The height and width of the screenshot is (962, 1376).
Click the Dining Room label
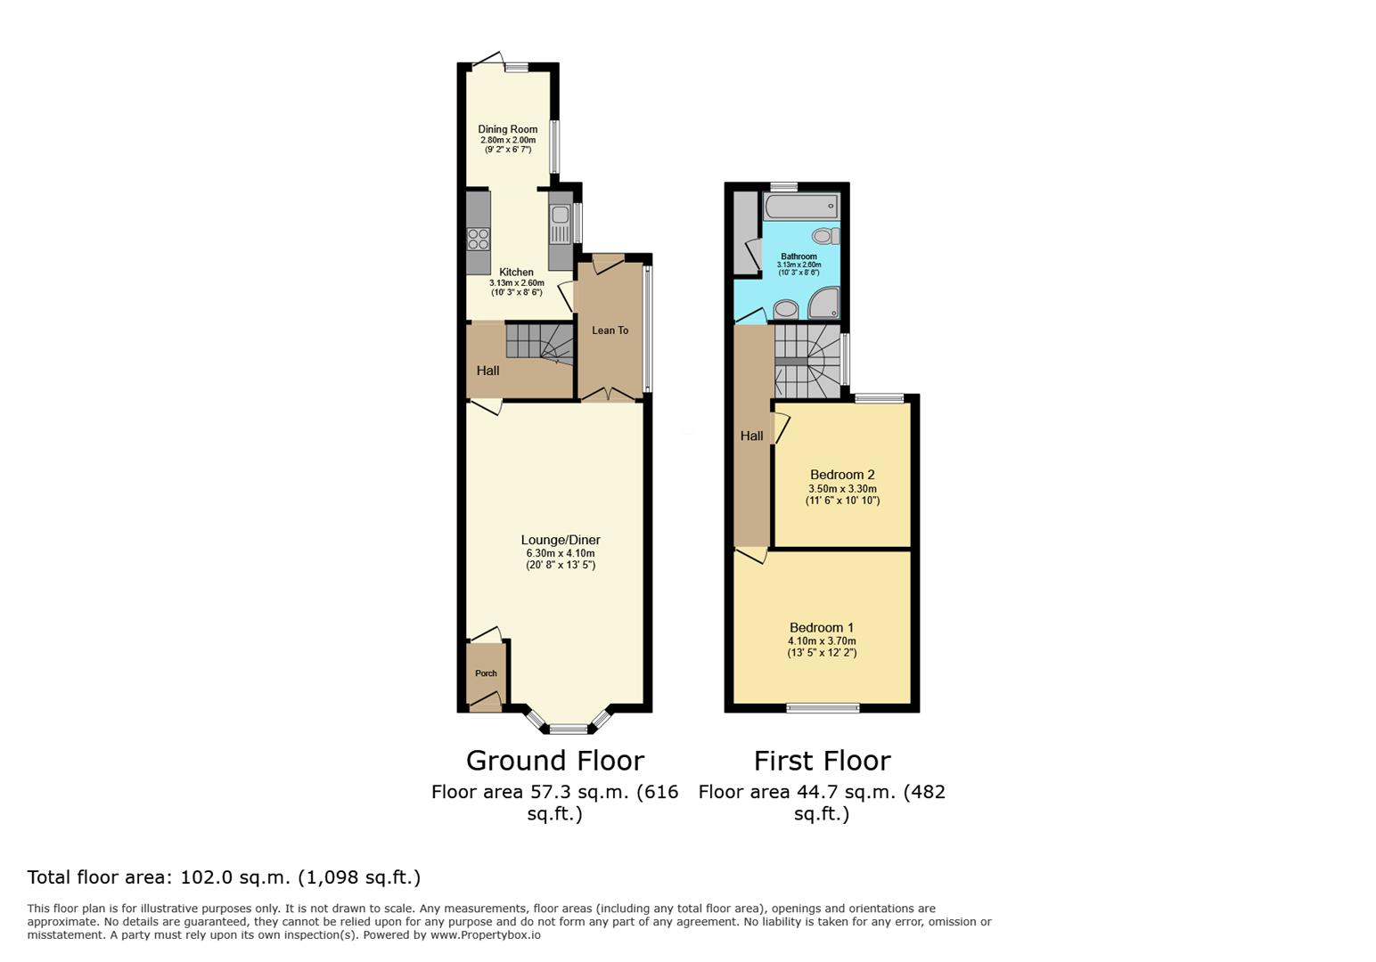(x=507, y=129)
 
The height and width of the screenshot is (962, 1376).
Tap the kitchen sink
(x=561, y=215)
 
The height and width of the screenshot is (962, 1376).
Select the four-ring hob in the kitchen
(x=479, y=239)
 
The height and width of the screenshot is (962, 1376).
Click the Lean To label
(x=610, y=330)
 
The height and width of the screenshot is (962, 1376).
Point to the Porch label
(x=486, y=673)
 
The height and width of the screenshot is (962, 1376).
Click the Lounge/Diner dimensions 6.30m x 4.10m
(x=561, y=553)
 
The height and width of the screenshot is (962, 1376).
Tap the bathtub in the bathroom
(x=801, y=207)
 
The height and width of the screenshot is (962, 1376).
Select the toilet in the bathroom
(x=825, y=236)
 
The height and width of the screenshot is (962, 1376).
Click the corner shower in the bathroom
(x=823, y=302)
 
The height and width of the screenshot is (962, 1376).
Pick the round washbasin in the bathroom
(x=785, y=309)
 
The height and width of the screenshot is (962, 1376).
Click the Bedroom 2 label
(x=842, y=475)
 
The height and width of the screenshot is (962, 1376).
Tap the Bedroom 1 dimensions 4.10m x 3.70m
(x=822, y=641)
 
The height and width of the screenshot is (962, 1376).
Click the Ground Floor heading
(x=555, y=761)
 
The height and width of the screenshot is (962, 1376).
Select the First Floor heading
(x=822, y=761)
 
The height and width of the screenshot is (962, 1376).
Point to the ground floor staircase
(x=540, y=344)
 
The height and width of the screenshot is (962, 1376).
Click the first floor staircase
(x=807, y=361)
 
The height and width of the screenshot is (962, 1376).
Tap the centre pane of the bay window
(x=569, y=730)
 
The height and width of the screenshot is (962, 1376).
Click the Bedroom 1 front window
(x=823, y=708)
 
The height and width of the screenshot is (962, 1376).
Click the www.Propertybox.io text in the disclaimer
(x=486, y=935)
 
